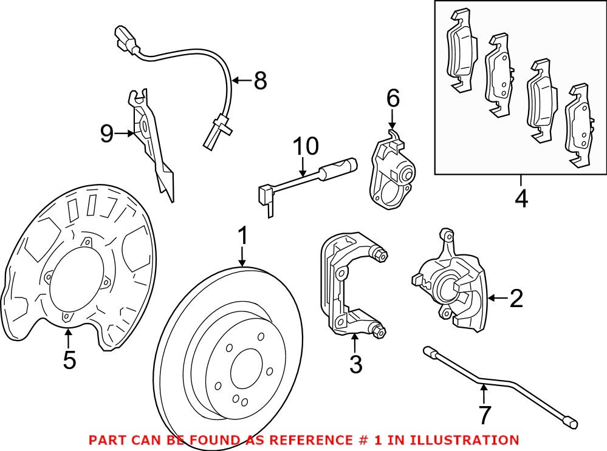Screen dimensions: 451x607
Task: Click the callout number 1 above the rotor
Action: click(242, 237)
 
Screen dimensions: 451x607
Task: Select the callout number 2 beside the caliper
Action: click(516, 298)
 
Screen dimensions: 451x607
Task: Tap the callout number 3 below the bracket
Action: click(355, 364)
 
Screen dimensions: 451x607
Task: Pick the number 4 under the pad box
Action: click(521, 198)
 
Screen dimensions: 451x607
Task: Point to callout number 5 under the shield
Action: click(69, 360)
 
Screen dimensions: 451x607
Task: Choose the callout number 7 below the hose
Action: click(484, 415)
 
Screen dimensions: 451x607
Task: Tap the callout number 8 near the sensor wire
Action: click(260, 80)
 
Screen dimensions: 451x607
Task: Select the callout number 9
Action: click(107, 133)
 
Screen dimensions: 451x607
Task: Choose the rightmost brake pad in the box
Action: click(579, 127)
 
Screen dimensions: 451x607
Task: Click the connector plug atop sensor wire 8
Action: click(125, 39)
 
